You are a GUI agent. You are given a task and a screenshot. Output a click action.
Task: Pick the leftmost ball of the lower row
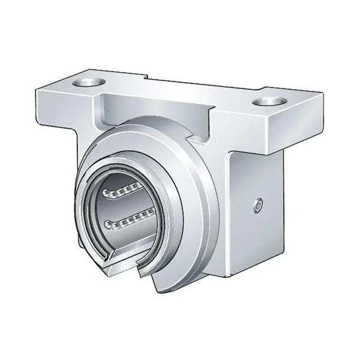(x=108, y=226)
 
